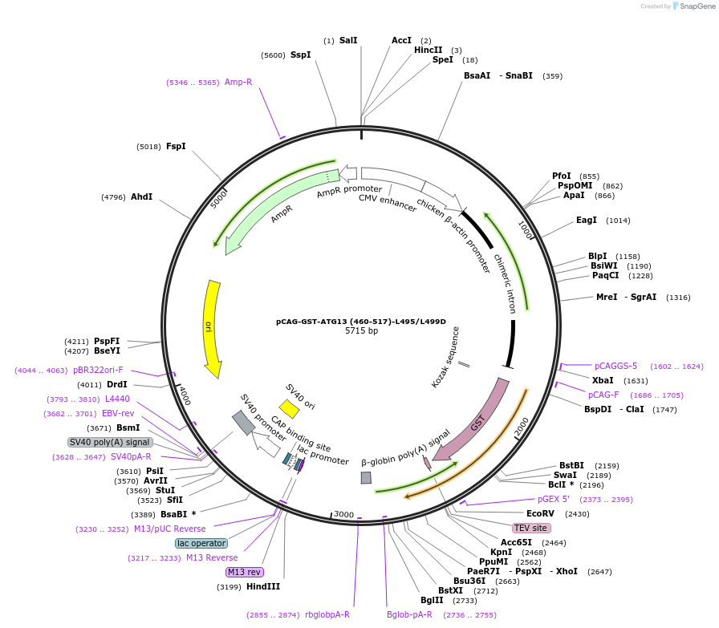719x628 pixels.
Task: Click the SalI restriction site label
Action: [348, 40]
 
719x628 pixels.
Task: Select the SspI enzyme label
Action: [300, 55]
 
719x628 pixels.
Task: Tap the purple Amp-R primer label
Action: [238, 82]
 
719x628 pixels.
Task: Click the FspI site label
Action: [176, 147]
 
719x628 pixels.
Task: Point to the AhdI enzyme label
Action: [141, 197]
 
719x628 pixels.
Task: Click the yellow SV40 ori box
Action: [289, 409]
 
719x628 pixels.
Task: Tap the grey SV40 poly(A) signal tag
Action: [110, 442]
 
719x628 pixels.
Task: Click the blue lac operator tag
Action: [201, 543]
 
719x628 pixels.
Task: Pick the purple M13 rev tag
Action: [245, 572]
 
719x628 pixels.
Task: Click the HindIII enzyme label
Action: [263, 586]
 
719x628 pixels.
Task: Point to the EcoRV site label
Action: [540, 513]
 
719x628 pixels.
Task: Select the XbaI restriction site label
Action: [603, 380]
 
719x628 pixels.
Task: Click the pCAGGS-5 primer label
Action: [615, 366]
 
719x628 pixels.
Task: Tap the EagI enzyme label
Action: [587, 220]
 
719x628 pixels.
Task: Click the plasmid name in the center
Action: [361, 321]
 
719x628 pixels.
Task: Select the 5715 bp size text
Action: [361, 330]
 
